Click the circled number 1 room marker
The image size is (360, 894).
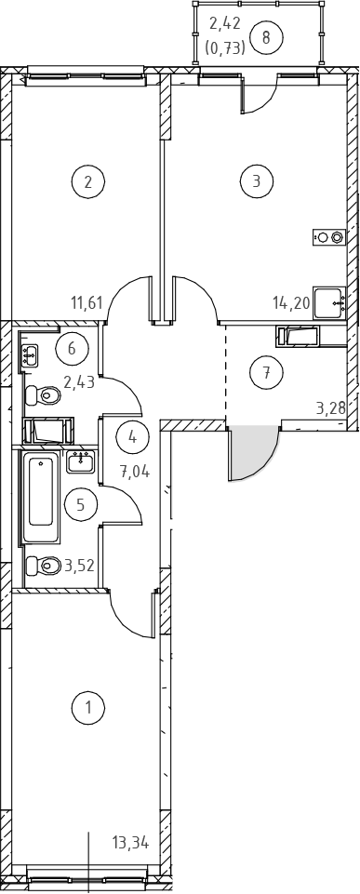pyautogui.click(x=88, y=708)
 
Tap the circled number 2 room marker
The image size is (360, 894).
pyautogui.click(x=88, y=182)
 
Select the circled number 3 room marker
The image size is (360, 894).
pyautogui.click(x=257, y=181)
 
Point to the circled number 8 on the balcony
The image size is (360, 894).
pyautogui.click(x=266, y=38)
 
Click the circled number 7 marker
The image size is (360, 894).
pyautogui.click(x=266, y=373)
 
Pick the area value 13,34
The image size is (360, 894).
pyautogui.click(x=130, y=843)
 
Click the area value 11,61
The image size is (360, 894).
pyautogui.click(x=87, y=302)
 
